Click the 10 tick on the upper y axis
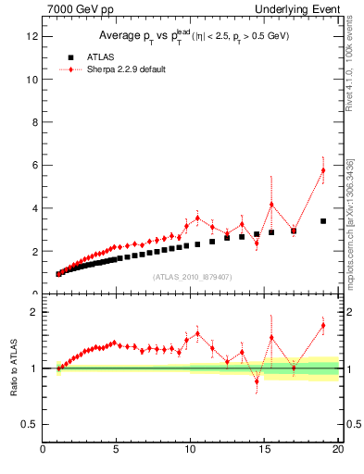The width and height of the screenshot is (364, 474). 31,80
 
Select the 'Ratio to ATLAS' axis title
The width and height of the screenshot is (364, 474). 13,368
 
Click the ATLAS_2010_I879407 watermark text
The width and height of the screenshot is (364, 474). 192,276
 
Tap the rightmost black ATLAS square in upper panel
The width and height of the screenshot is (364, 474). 323,221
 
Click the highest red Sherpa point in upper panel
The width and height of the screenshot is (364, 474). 323,170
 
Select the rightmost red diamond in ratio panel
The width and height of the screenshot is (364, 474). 323,325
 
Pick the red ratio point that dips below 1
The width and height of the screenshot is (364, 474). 257,380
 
